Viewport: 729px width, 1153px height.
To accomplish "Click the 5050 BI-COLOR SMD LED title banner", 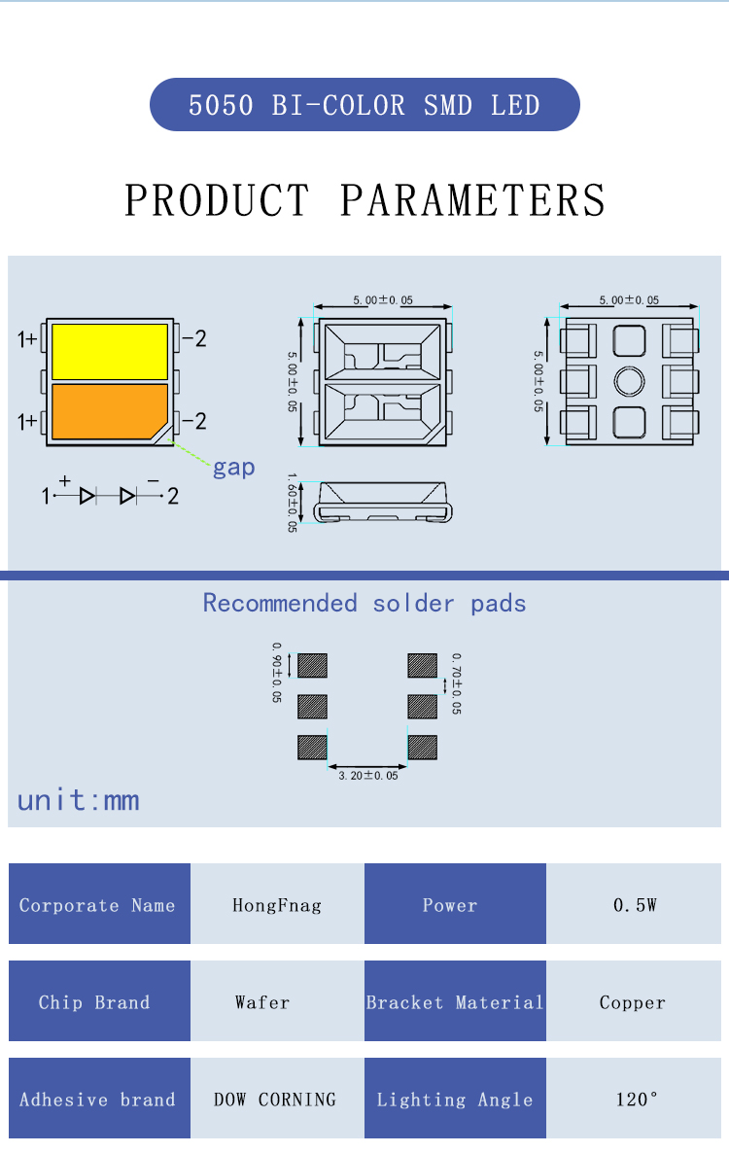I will [364, 105].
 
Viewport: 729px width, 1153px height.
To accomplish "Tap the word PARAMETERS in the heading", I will [472, 200].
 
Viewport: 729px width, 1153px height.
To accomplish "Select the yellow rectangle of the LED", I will [109, 352].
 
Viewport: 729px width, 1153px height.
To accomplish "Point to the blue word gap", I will [233, 468].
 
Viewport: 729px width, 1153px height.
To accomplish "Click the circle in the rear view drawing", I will [629, 380].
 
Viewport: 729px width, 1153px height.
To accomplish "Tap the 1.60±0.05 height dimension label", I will [293, 503].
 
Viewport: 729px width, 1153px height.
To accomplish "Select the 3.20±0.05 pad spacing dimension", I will [367, 776].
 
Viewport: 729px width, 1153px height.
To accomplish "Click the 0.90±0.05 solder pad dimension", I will [277, 672].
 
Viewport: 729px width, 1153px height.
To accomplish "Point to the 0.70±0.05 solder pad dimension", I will [456, 683].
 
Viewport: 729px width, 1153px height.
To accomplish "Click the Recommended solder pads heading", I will [364, 604].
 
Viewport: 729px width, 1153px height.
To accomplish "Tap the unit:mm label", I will [79, 800].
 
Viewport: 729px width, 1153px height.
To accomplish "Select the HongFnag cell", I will [277, 905].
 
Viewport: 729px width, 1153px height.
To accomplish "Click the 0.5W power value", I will [634, 905].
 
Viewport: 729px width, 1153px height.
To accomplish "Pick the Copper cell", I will [634, 1002].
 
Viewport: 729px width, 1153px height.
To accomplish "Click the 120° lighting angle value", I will [634, 1100].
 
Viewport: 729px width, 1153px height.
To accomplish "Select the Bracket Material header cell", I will [455, 1002].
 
